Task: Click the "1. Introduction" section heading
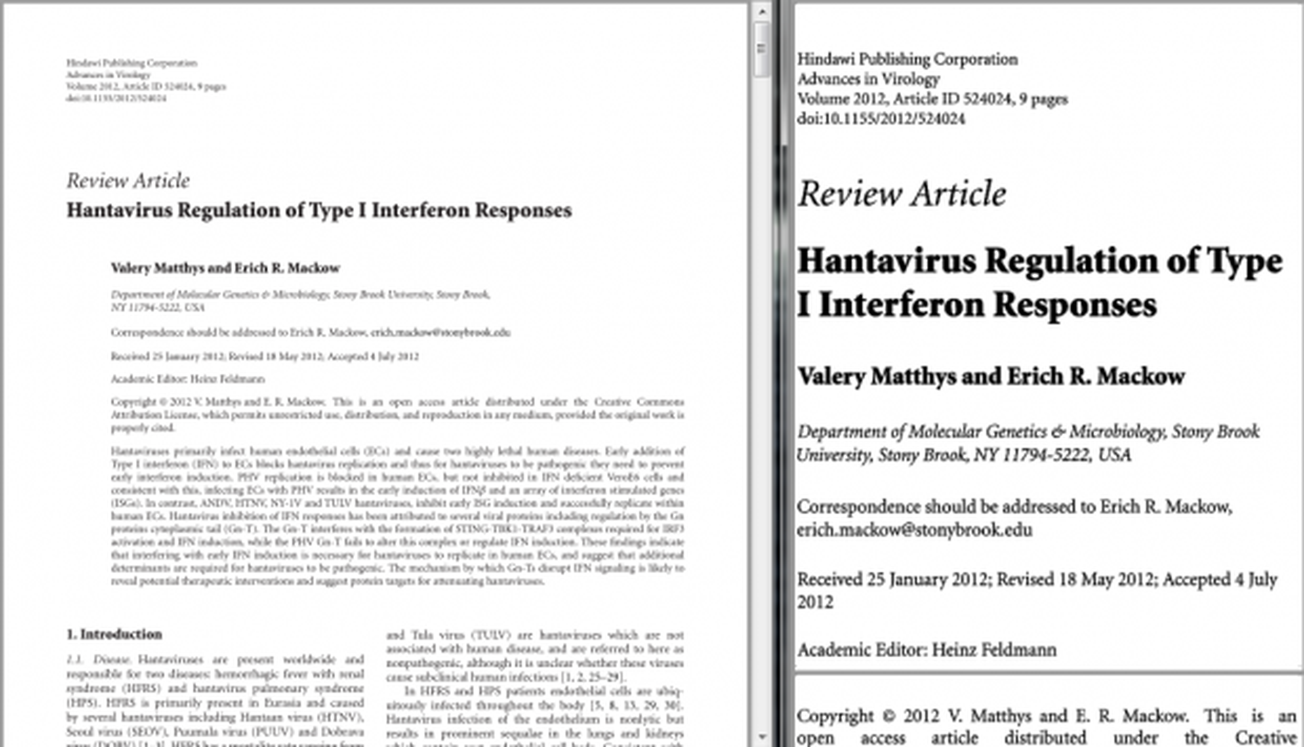click(114, 635)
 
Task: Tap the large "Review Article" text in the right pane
click(902, 194)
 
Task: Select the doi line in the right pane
click(881, 119)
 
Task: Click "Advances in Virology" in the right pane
click(868, 79)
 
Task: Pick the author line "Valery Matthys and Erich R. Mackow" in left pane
click(225, 268)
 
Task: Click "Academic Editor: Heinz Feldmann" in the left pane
click(188, 379)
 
